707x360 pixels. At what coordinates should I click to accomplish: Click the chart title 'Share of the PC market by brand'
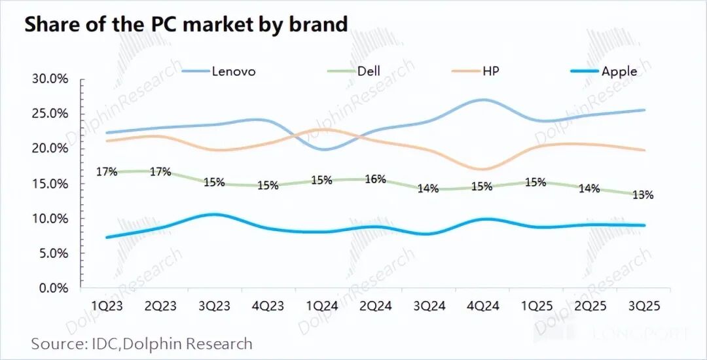tap(186, 24)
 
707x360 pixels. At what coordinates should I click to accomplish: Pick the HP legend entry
tap(490, 71)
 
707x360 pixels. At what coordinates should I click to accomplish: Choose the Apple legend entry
tap(619, 71)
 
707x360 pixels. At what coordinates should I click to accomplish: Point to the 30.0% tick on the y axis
tap(50, 79)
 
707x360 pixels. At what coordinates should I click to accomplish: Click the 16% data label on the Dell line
tap(375, 179)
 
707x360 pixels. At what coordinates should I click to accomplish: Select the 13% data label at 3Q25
tap(643, 194)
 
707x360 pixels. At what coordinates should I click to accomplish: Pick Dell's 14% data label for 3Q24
tap(428, 189)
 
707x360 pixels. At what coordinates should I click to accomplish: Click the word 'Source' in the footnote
tap(56, 343)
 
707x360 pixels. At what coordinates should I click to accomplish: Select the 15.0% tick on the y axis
tap(50, 184)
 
